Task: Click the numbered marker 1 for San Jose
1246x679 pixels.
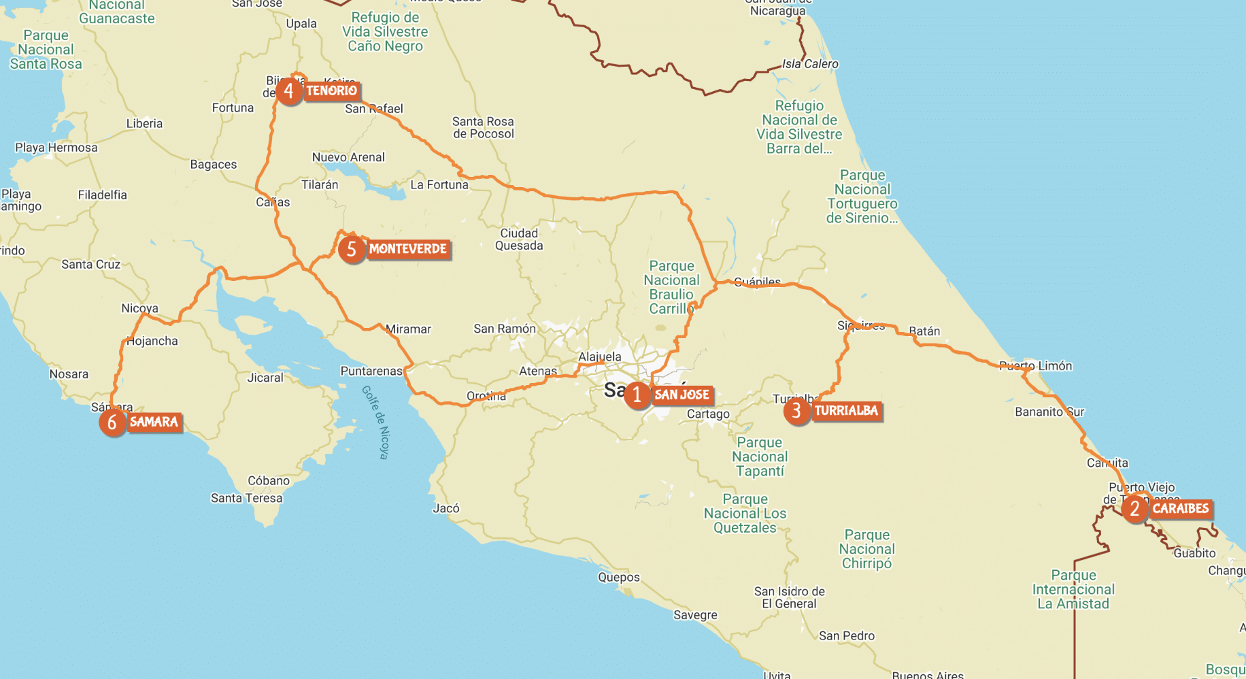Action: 637,395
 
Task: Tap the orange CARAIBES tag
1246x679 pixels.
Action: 1180,509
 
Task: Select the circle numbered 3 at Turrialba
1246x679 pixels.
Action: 796,411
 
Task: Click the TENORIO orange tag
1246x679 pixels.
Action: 331,91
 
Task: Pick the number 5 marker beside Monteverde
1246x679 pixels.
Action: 352,250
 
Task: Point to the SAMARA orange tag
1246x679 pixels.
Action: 154,423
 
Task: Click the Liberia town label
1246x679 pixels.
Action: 144,124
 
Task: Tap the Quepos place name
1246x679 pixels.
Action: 618,578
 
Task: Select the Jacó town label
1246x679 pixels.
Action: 446,508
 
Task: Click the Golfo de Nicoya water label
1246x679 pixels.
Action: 375,423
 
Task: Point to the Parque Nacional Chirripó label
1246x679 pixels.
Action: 866,549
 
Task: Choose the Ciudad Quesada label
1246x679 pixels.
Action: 519,239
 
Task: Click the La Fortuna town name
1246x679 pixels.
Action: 439,185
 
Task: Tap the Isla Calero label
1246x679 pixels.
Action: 810,64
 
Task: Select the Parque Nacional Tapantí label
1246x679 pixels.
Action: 760,457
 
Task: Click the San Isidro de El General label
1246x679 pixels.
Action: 789,597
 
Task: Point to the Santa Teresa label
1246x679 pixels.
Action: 246,498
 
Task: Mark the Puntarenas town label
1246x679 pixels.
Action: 371,371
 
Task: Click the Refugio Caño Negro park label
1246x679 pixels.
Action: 385,32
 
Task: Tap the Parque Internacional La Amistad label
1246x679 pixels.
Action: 1073,590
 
